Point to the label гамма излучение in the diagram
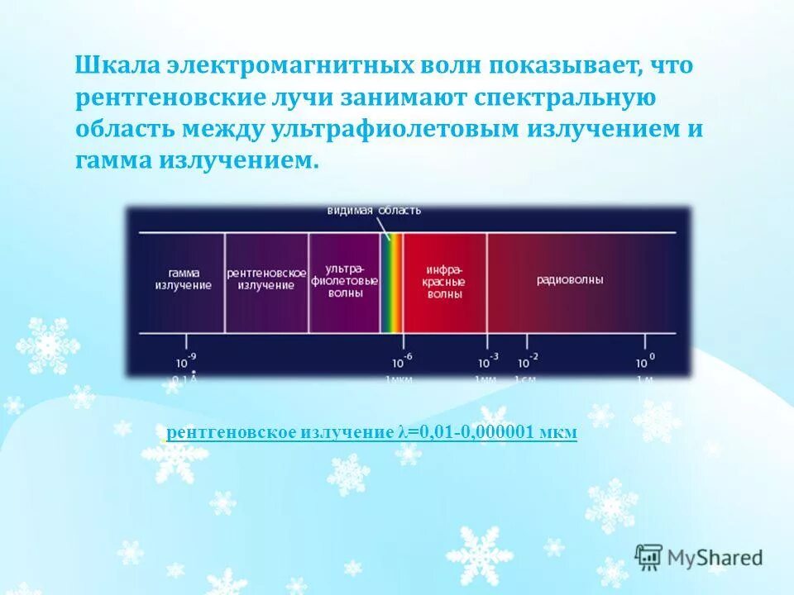(x=183, y=279)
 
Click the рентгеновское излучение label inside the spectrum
(x=266, y=279)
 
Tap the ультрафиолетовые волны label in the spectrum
(x=344, y=280)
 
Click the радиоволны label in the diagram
(x=570, y=280)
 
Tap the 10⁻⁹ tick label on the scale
(x=185, y=360)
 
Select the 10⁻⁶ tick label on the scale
(x=401, y=360)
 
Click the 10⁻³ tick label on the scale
(x=487, y=360)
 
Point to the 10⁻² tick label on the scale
(x=527, y=360)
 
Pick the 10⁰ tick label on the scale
(x=644, y=360)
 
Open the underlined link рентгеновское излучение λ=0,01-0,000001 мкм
(x=371, y=432)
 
